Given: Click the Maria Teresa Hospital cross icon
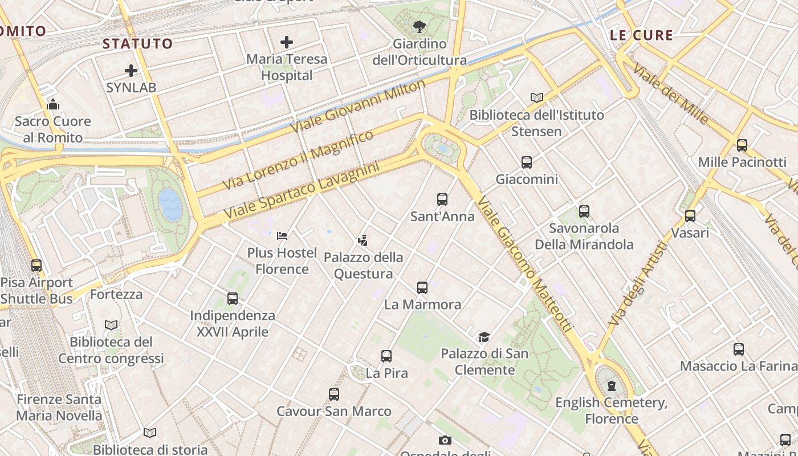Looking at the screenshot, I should tap(287, 42).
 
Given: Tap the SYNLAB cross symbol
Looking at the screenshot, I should tap(131, 71).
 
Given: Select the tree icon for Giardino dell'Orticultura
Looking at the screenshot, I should tap(420, 26).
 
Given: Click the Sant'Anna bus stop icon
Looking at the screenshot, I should tap(442, 199).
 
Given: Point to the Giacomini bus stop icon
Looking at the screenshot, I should tap(527, 162).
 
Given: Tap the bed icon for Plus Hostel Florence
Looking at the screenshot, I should tap(282, 235).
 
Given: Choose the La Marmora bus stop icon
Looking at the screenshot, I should tap(422, 288).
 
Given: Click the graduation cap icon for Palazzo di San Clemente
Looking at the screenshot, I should tap(484, 337).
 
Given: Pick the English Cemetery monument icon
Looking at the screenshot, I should tap(612, 386).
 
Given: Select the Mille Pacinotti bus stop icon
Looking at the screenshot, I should tap(742, 145).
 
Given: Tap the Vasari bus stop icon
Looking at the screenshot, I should tap(690, 216).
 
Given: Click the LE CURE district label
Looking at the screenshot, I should tap(641, 35).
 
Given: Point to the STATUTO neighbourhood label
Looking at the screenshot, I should tap(137, 44).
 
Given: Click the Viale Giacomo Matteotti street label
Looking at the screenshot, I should tap(524, 264).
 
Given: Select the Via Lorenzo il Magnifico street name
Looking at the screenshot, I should tap(298, 160).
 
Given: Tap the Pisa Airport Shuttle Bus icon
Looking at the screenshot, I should tap(36, 266).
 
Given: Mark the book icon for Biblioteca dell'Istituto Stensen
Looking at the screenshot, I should tap(536, 97).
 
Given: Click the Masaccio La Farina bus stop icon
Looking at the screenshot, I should tap(739, 349).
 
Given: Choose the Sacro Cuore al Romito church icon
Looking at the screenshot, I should tap(53, 104).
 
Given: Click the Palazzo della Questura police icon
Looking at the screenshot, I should tap(363, 240).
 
